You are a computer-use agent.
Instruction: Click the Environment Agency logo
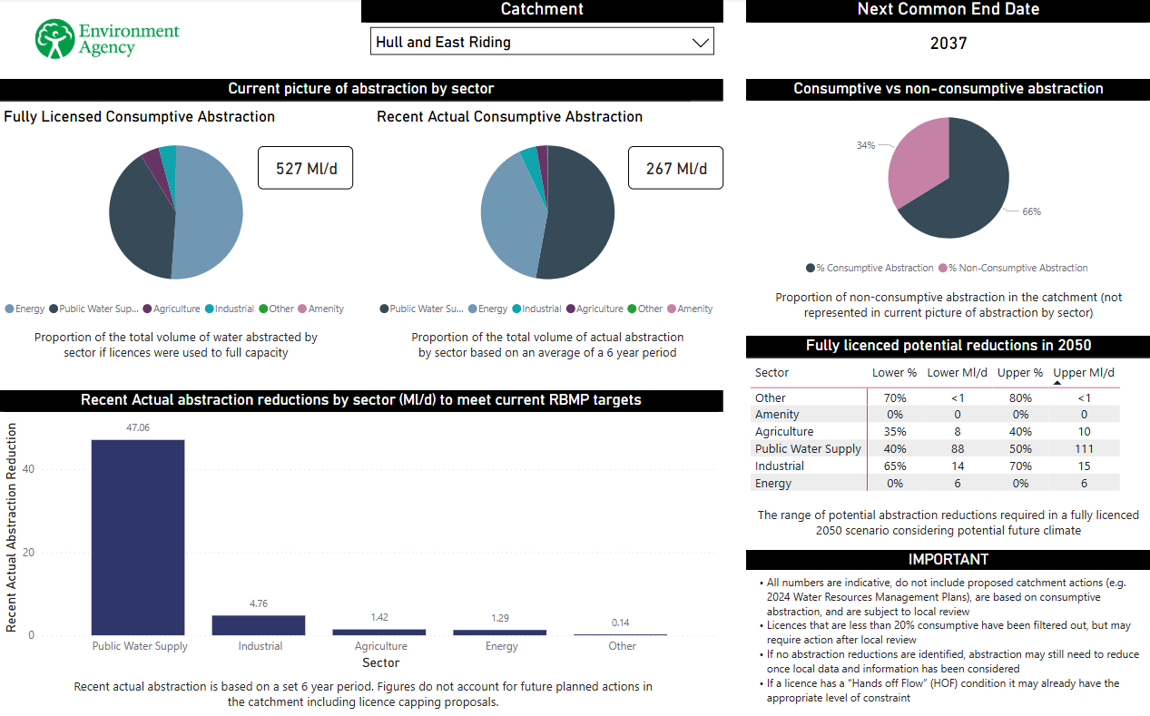coord(107,39)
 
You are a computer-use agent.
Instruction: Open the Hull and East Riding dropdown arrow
coord(700,42)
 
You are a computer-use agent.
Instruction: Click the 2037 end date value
coord(949,44)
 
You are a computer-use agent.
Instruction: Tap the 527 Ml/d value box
coord(305,168)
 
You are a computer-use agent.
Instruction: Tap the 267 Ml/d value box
coord(675,169)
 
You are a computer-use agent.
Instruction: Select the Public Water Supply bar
coord(138,536)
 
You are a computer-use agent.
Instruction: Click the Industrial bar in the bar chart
coord(259,625)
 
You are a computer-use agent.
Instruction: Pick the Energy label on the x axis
coord(501,646)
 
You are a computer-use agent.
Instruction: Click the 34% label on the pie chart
coord(865,145)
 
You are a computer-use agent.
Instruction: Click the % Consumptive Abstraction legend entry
coord(870,268)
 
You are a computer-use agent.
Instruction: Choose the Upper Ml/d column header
coord(1084,373)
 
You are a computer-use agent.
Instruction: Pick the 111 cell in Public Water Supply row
coord(1084,449)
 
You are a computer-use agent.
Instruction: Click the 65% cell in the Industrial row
coord(894,466)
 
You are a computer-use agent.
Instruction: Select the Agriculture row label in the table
coord(784,432)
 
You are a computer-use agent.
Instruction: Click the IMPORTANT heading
coord(948,559)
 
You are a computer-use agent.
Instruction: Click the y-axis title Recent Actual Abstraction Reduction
coord(12,526)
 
